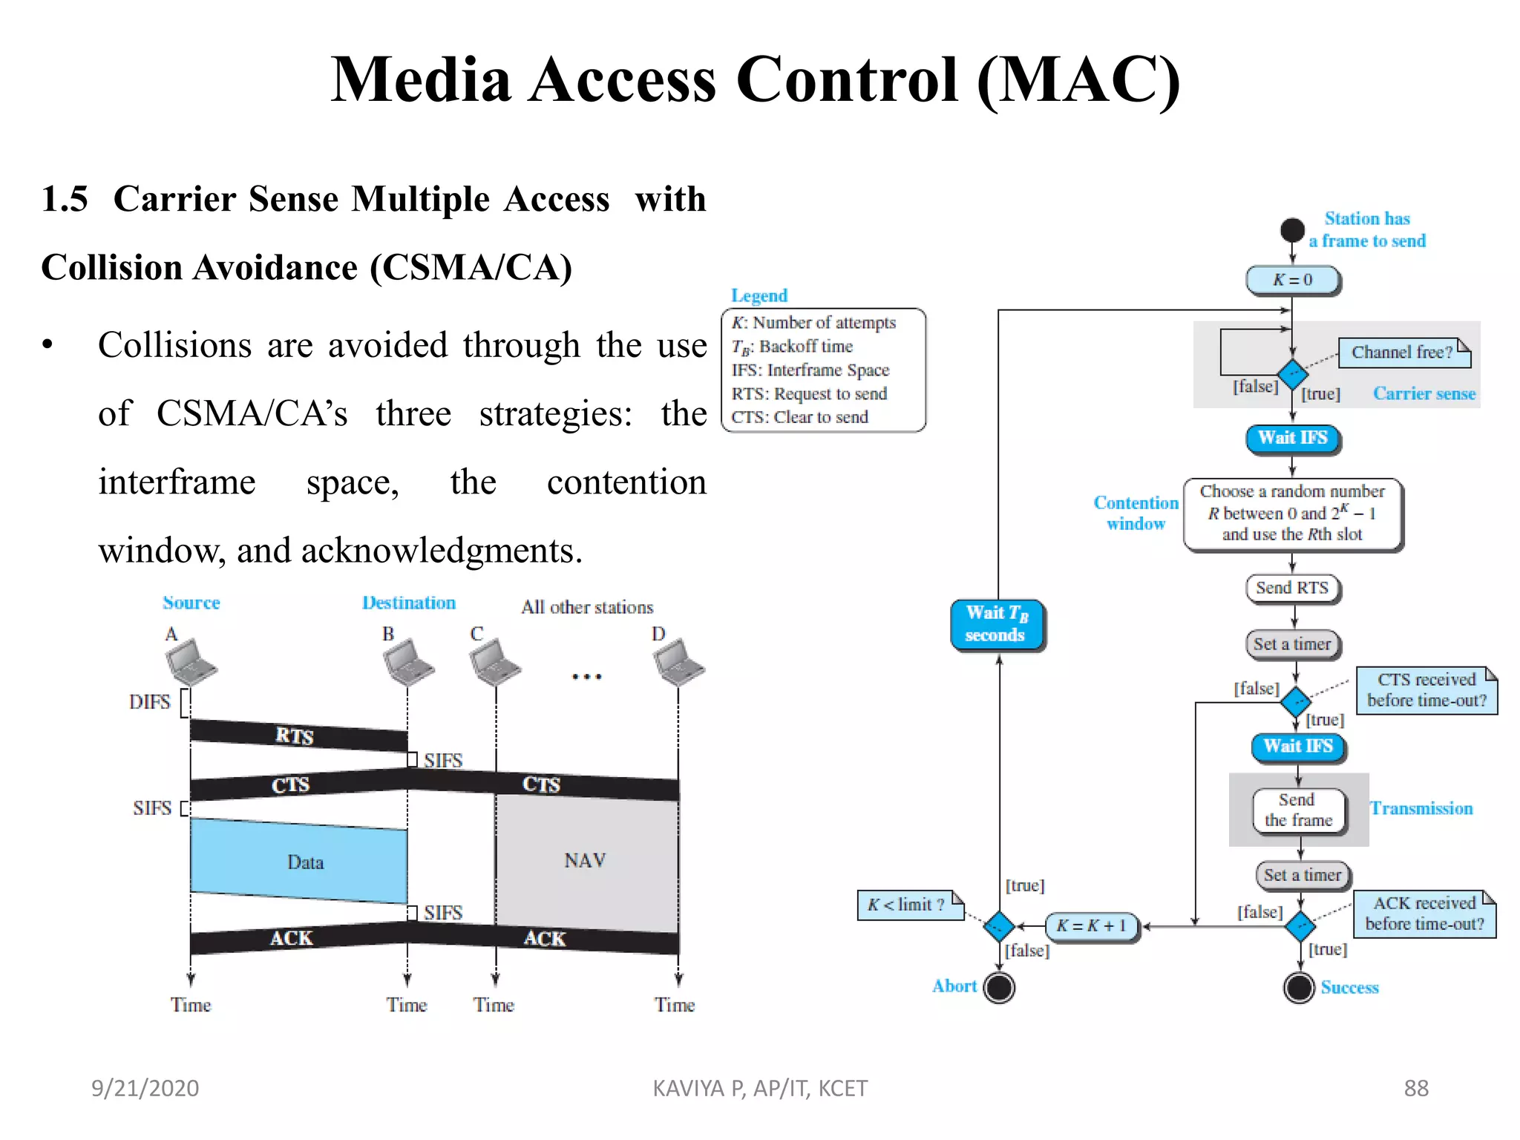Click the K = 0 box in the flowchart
click(x=1292, y=280)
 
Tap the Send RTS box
click(x=1292, y=588)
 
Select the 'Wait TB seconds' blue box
click(x=997, y=624)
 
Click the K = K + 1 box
click(x=1091, y=926)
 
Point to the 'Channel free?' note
click(x=1402, y=353)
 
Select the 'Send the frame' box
click(x=1298, y=810)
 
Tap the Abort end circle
click(x=999, y=988)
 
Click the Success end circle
click(x=1299, y=988)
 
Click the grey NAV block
click(x=586, y=861)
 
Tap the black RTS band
click(x=297, y=735)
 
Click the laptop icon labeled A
click(x=190, y=662)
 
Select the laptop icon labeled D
click(x=678, y=662)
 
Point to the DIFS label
click(x=149, y=702)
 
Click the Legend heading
click(x=759, y=295)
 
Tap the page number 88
click(x=1415, y=1088)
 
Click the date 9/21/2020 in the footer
click(x=145, y=1088)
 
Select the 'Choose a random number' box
click(x=1292, y=514)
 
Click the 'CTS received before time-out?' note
click(x=1426, y=690)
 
